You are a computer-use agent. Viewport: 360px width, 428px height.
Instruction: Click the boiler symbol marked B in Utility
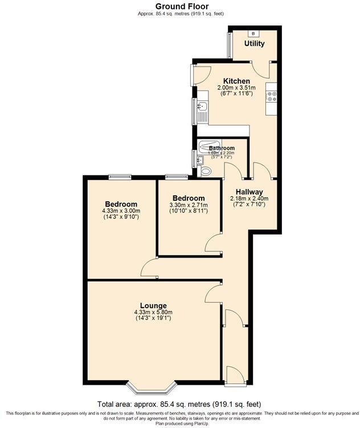(x=253, y=34)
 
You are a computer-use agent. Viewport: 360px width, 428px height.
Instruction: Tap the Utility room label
(x=254, y=43)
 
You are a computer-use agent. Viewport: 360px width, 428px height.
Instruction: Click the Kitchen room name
(x=236, y=81)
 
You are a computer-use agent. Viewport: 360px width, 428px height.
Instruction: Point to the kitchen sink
(x=201, y=106)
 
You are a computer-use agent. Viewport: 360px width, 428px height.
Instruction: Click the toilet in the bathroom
(x=205, y=170)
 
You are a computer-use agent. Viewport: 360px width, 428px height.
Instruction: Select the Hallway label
(x=249, y=191)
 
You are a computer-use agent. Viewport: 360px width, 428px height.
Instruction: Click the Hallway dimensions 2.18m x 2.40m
(x=249, y=199)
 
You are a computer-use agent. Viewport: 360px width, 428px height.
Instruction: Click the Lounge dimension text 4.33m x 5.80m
(x=153, y=312)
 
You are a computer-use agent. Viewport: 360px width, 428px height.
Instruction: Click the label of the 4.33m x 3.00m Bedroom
(x=121, y=204)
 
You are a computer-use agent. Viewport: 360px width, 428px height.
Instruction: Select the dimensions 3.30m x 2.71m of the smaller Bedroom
(x=189, y=205)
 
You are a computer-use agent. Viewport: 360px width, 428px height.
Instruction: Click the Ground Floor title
(x=180, y=6)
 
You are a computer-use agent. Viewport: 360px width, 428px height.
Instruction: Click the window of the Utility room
(x=229, y=43)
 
